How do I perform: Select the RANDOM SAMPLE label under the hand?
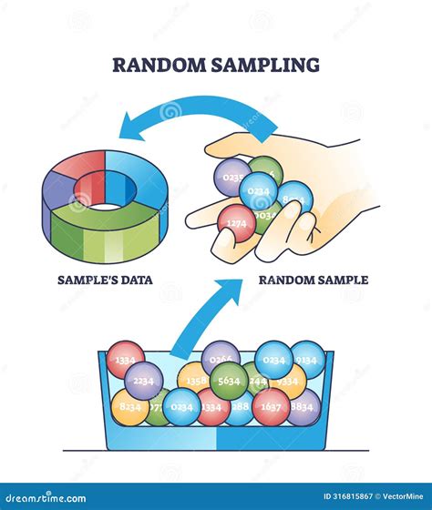click(x=314, y=280)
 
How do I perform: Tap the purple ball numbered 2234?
click(x=144, y=381)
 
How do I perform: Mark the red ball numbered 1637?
click(x=271, y=407)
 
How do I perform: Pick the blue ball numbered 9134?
click(x=307, y=359)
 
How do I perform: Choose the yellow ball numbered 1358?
click(x=193, y=380)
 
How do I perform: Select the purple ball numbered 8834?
click(x=302, y=407)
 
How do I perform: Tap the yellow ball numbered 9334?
click(x=289, y=382)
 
